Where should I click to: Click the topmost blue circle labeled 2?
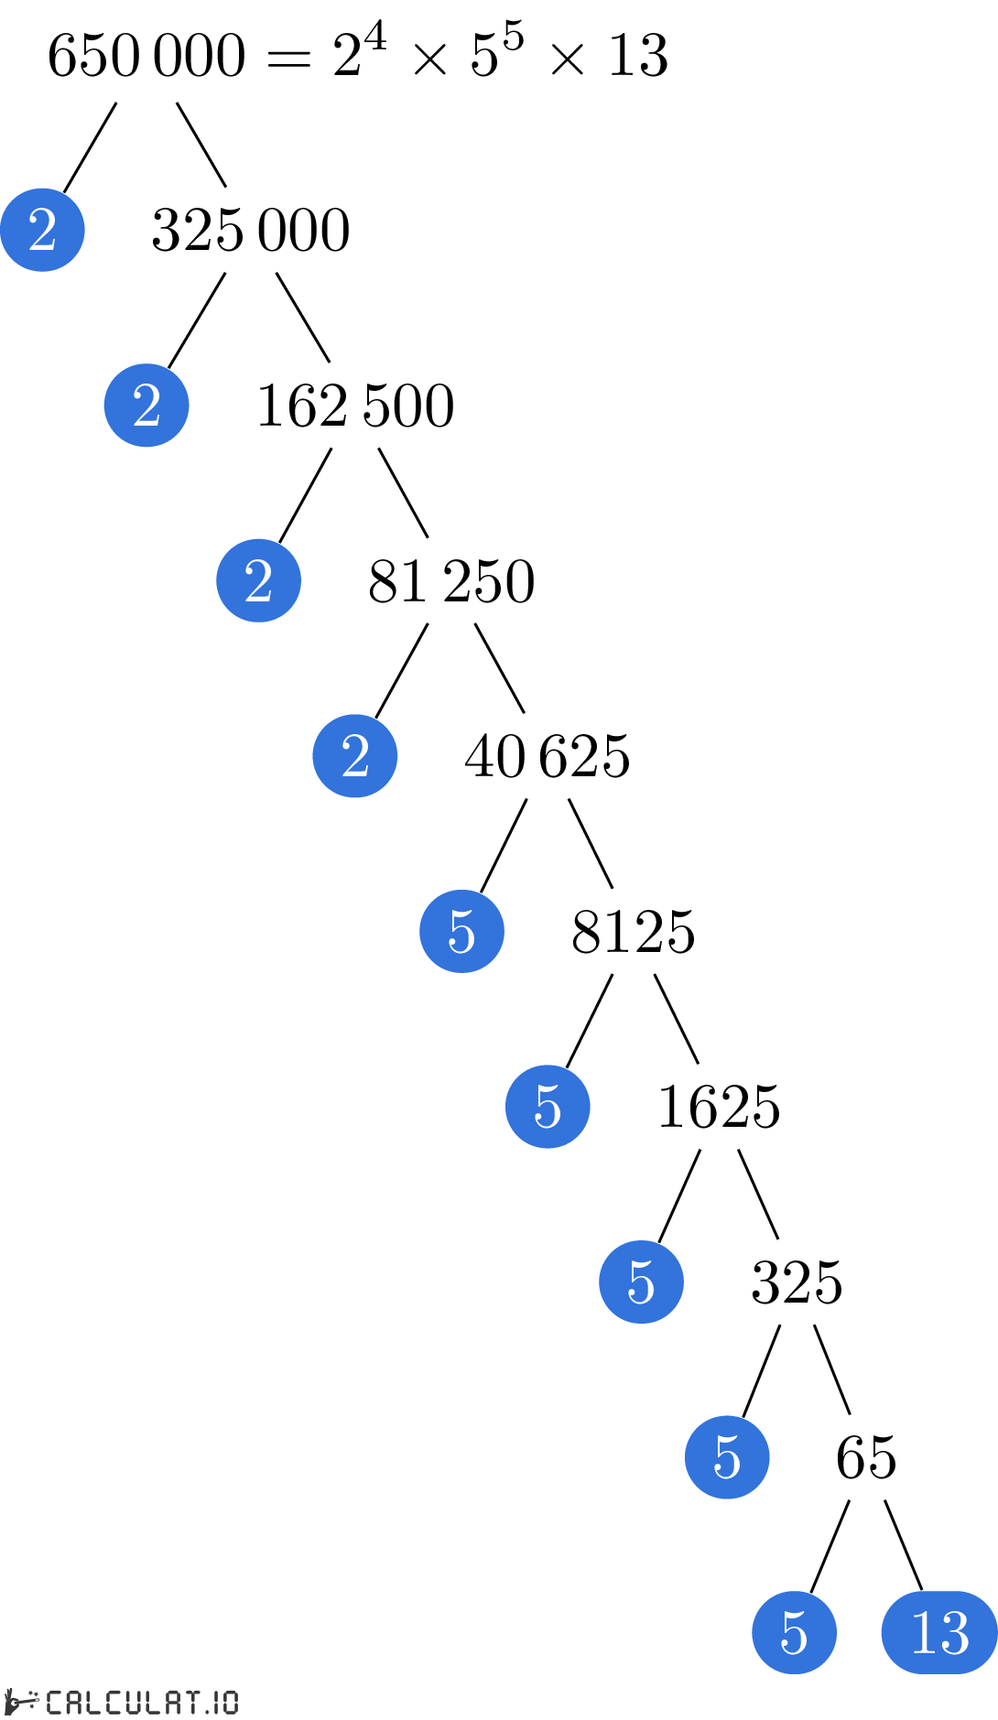(x=42, y=230)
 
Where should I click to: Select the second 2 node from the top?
(x=146, y=406)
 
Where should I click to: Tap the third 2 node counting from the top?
(x=258, y=580)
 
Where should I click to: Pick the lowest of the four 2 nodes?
(x=355, y=756)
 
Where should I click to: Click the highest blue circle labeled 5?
(x=461, y=931)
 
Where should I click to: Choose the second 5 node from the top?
(x=548, y=1107)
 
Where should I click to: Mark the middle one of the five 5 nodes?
(x=641, y=1282)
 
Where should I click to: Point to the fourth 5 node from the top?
(x=727, y=1457)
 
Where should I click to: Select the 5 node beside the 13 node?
(x=794, y=1632)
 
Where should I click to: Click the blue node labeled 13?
(x=939, y=1632)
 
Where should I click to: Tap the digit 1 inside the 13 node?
(x=923, y=1632)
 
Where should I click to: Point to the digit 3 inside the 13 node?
(x=954, y=1632)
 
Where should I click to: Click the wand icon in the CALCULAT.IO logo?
(x=22, y=1702)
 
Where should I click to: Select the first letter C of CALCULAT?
(x=54, y=1702)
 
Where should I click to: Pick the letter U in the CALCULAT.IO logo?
(x=134, y=1702)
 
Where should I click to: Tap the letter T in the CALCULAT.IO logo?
(x=192, y=1702)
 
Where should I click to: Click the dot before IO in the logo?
(x=207, y=1709)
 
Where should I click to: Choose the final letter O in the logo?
(x=230, y=1702)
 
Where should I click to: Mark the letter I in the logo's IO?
(x=216, y=1702)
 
